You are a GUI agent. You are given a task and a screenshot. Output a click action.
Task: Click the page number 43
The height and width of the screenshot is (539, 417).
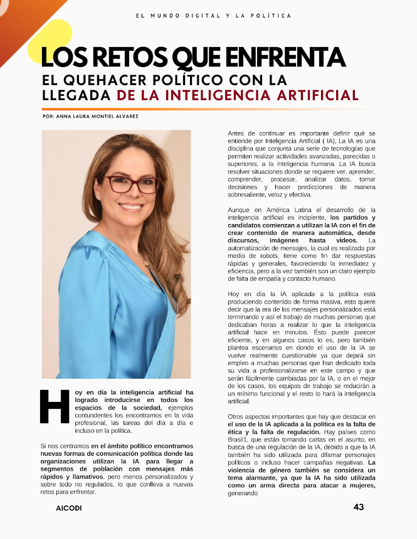(358, 507)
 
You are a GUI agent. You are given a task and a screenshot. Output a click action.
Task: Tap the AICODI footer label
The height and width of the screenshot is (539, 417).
(68, 508)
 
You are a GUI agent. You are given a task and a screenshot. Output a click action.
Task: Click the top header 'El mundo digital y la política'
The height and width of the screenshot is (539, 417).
(213, 15)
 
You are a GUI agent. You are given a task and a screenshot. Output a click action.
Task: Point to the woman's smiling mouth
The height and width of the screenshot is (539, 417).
(132, 206)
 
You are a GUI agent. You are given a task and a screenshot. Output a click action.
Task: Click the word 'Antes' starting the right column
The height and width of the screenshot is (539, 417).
(237, 134)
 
